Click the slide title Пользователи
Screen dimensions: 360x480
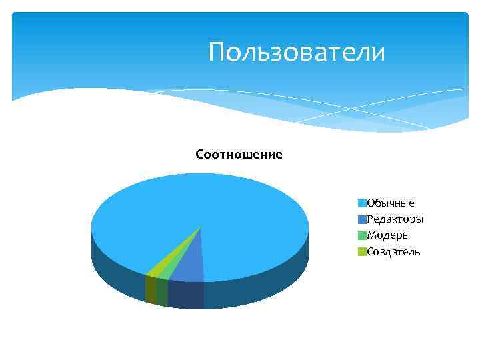(x=297, y=52)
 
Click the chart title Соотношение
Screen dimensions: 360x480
(x=239, y=155)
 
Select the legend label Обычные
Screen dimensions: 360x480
(x=391, y=203)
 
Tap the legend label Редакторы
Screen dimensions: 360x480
(x=395, y=219)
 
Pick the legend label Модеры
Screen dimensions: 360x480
(x=388, y=235)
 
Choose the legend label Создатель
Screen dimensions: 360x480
(x=393, y=251)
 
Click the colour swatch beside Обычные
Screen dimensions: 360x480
(x=362, y=203)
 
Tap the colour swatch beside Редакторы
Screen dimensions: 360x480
(x=362, y=219)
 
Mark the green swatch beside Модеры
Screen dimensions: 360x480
(x=362, y=235)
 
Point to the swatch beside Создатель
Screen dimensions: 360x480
(x=362, y=251)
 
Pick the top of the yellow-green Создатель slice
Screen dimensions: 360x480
(x=157, y=268)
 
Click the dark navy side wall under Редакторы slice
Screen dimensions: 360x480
(x=185, y=295)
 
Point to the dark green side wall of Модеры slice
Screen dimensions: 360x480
(x=162, y=292)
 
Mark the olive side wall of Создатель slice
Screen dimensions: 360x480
(x=151, y=289)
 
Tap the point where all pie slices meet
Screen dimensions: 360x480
(x=201, y=227)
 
